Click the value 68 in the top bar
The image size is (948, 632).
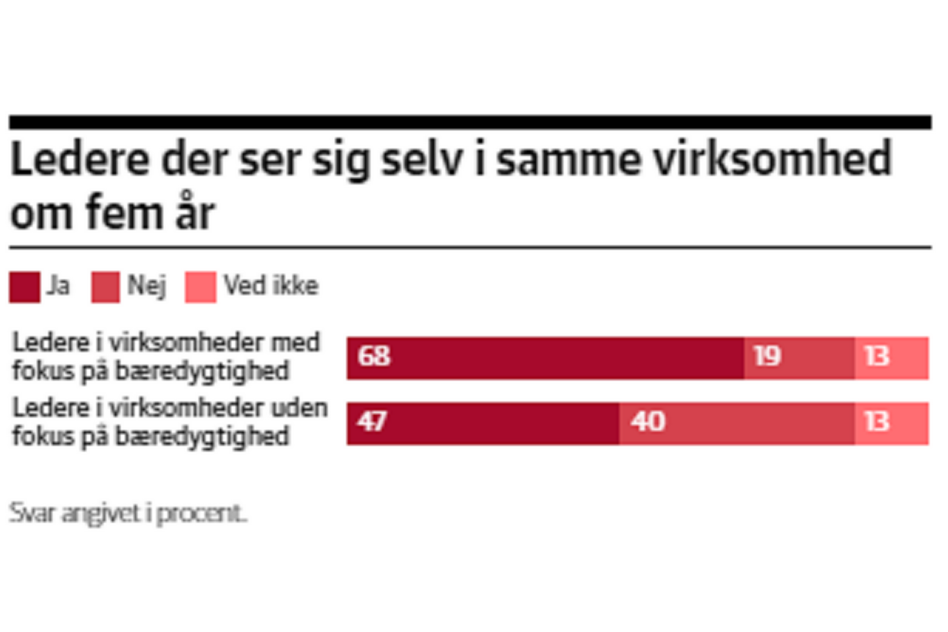[x=374, y=356]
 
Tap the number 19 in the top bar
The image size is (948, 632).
[x=767, y=356]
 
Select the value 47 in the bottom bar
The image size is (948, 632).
[x=372, y=422]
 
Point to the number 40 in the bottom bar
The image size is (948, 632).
[x=648, y=422]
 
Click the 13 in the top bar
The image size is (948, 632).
[x=877, y=356]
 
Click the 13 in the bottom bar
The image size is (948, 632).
[x=877, y=422]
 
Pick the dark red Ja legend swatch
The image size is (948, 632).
[x=25, y=287]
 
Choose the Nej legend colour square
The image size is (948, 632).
[x=106, y=287]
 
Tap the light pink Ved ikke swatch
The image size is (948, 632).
[x=200, y=287]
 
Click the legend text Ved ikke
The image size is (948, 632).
[x=271, y=286]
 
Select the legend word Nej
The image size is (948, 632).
[x=146, y=286]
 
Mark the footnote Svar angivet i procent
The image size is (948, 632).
[x=128, y=514]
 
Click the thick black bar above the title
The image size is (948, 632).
[x=470, y=122]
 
